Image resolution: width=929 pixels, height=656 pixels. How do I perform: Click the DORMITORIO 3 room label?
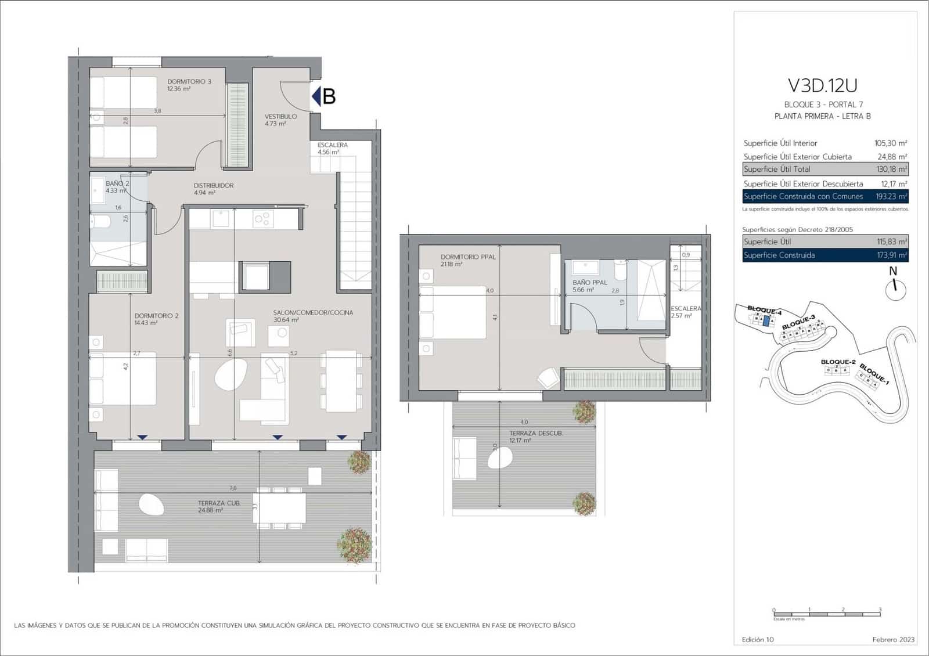pos(189,82)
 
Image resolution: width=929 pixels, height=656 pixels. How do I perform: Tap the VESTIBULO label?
pos(280,117)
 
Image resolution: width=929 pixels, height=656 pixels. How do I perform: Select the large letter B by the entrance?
pos(329,96)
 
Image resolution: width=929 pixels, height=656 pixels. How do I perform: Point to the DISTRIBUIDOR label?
pos(214,186)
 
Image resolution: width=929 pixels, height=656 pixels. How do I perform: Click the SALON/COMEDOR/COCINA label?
pos(313,313)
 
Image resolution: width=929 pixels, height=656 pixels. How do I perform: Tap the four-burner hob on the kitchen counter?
pos(263,218)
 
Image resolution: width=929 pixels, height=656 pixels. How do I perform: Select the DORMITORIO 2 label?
pos(156,316)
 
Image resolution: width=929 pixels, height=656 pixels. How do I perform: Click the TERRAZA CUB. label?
pos(218,503)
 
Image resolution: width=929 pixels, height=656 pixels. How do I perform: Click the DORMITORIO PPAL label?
pos(467,257)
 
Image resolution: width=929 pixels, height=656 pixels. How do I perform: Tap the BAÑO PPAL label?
pos(589,283)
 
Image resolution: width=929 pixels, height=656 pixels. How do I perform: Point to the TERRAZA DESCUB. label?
pos(535,433)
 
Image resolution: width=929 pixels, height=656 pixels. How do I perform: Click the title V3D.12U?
pos(822,85)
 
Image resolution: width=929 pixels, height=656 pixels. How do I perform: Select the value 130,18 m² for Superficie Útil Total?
pos(891,170)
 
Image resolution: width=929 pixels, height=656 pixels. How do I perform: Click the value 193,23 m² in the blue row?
pos(891,197)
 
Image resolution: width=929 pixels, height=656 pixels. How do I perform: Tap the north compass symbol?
pos(895,287)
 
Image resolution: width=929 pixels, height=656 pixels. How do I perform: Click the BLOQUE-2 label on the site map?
pos(838,362)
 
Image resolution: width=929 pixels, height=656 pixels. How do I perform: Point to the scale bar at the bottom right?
pos(827,614)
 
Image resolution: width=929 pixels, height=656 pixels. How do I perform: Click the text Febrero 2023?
pos(893,640)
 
